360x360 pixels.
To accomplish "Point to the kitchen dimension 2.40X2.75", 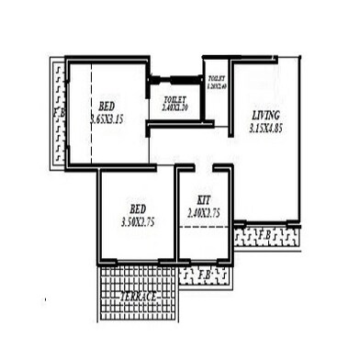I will pos(204,212).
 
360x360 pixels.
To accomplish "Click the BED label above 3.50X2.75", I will pos(139,208).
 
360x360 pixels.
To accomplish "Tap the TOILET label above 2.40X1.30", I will pos(175,99).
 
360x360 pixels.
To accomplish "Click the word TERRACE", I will pos(137,298).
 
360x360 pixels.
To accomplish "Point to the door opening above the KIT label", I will pos(204,168).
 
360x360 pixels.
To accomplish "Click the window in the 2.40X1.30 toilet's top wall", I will pos(176,78).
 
